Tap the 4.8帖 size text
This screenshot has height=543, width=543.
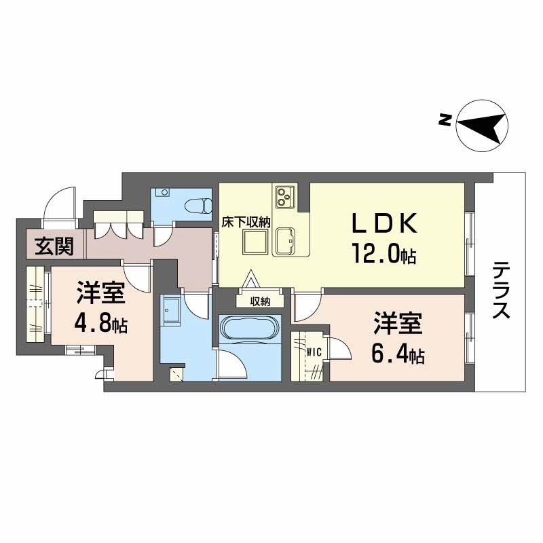[x=100, y=325]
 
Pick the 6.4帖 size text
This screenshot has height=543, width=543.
[x=397, y=354]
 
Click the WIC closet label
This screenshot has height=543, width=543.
[x=314, y=352]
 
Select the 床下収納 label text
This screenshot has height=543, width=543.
[x=247, y=221]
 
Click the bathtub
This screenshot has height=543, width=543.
[x=250, y=329]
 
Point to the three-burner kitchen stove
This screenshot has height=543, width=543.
[x=284, y=196]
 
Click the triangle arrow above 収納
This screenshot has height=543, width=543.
[x=252, y=280]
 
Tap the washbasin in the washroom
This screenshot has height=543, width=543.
[x=170, y=312]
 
